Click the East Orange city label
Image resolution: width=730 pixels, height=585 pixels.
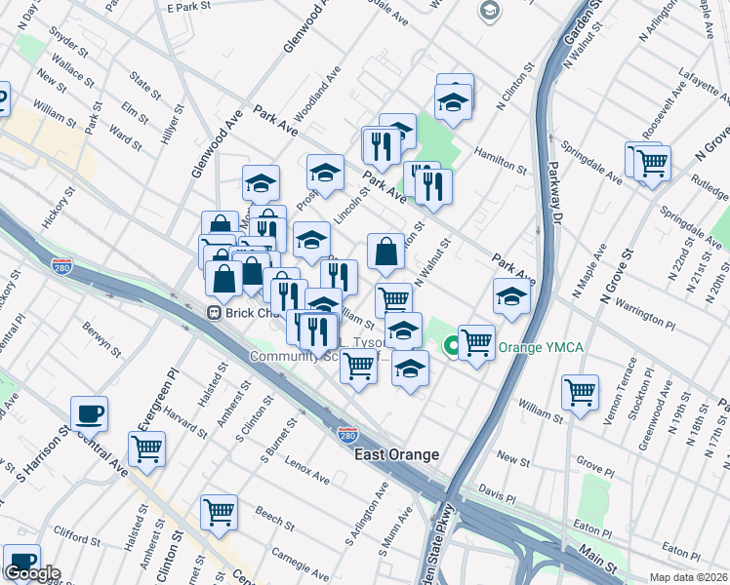point(396,455)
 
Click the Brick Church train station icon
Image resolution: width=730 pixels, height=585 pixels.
point(212,313)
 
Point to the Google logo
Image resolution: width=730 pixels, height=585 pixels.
point(31,573)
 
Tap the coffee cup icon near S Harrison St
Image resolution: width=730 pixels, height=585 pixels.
point(89,412)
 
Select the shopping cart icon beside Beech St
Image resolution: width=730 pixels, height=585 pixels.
point(220,510)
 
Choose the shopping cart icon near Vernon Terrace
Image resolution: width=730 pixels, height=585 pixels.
point(581,392)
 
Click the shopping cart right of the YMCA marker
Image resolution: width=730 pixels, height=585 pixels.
point(476,341)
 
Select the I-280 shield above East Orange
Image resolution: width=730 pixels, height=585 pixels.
point(346,434)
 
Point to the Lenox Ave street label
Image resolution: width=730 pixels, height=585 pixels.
point(307,472)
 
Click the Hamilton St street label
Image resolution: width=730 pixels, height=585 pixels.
point(501,160)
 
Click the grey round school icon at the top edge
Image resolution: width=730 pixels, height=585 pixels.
point(489,11)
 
